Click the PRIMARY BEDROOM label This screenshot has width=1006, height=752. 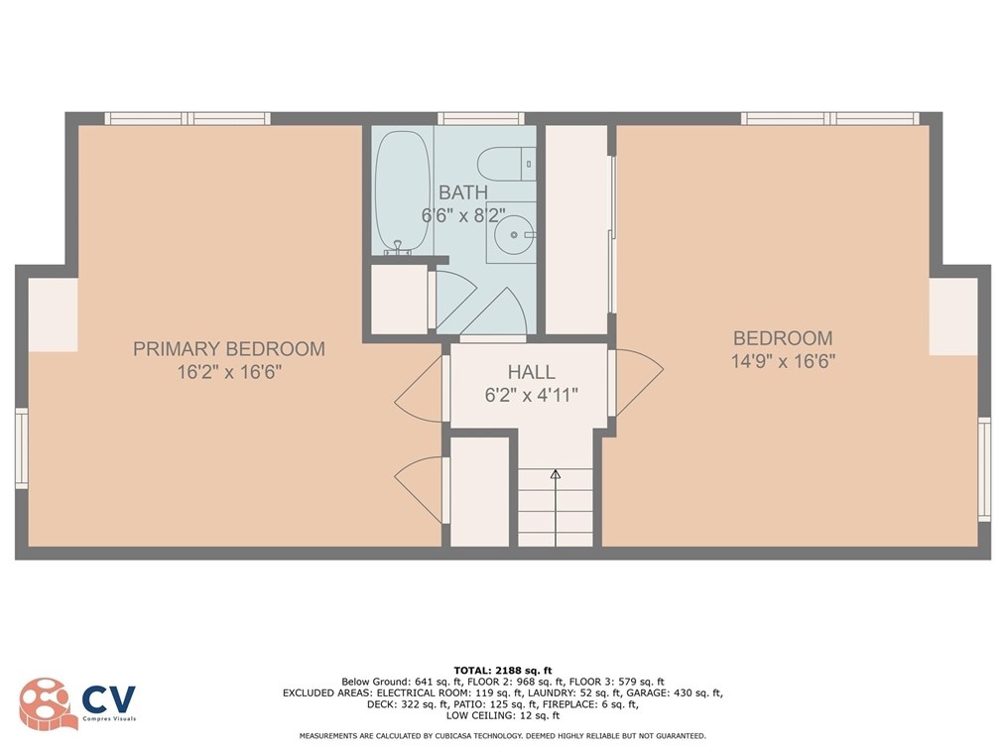tap(229, 349)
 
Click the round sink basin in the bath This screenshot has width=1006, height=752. tap(515, 235)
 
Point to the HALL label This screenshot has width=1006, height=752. tap(531, 372)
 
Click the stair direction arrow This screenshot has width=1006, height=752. tap(555, 475)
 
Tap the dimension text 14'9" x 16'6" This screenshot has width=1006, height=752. tap(783, 362)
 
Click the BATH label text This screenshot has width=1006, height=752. tap(463, 192)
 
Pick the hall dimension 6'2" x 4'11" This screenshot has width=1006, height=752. tap(531, 394)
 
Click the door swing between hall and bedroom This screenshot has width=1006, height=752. tap(637, 382)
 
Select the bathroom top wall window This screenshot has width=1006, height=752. tap(480, 118)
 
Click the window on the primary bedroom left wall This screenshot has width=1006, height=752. tap(21, 448)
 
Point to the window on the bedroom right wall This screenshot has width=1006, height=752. tap(984, 469)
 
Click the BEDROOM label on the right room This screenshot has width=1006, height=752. tap(783, 338)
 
